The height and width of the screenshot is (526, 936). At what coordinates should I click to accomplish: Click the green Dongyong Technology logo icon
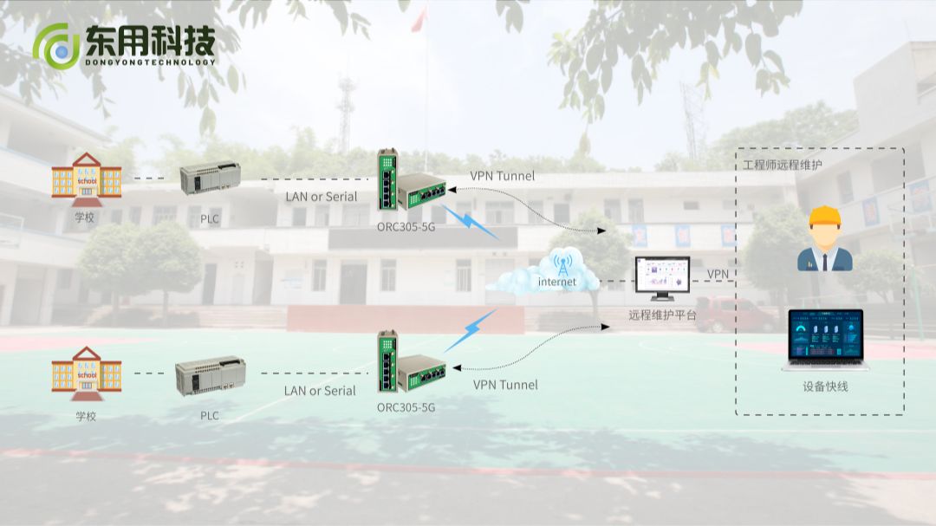tap(57, 46)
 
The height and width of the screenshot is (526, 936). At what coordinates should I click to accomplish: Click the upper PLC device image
tap(210, 179)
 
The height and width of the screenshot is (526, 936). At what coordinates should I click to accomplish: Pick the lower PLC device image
tap(205, 374)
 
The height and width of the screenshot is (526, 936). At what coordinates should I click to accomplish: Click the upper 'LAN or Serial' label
tap(321, 197)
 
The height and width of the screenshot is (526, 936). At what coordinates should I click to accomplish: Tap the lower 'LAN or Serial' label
tap(320, 391)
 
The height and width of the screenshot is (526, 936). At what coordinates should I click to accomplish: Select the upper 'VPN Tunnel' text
tap(503, 176)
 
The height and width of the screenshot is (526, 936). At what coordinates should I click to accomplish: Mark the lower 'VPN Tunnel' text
tap(505, 385)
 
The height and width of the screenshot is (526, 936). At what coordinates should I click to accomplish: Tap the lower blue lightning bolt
tap(470, 330)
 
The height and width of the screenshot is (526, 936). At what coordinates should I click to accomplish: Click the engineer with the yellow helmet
tap(824, 240)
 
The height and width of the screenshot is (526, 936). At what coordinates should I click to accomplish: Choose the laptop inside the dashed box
tap(824, 340)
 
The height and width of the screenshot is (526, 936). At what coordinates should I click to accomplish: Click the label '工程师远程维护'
tap(783, 164)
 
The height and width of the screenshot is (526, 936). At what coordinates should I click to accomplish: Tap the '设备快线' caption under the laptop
tap(825, 386)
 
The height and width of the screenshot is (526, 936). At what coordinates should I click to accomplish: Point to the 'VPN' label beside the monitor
tap(718, 274)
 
